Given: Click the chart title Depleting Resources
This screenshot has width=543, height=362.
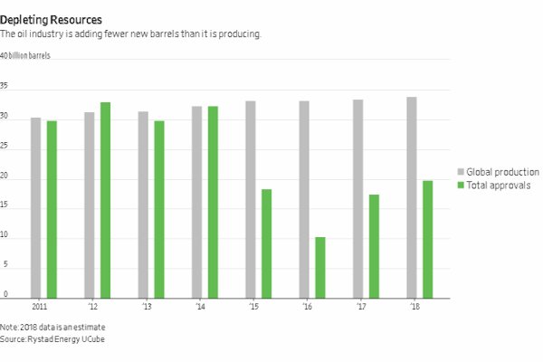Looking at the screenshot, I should coord(51,18).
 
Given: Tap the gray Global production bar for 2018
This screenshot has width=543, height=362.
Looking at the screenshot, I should coord(412,197).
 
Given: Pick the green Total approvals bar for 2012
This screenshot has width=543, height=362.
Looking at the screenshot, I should coord(105,200).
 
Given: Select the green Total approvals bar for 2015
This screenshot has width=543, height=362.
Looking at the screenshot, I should coord(266,243).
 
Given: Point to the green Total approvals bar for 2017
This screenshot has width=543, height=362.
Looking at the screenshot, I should coord(374,246).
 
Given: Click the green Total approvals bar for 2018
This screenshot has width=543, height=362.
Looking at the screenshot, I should coord(427,239).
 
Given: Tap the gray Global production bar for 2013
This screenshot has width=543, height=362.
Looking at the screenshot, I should coord(143,205).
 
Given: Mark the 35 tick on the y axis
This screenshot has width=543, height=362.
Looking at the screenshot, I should coord(5,86).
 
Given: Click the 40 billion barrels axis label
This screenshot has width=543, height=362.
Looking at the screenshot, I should coord(26,56).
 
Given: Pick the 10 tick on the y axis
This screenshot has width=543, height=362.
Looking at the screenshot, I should coord(5,235).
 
